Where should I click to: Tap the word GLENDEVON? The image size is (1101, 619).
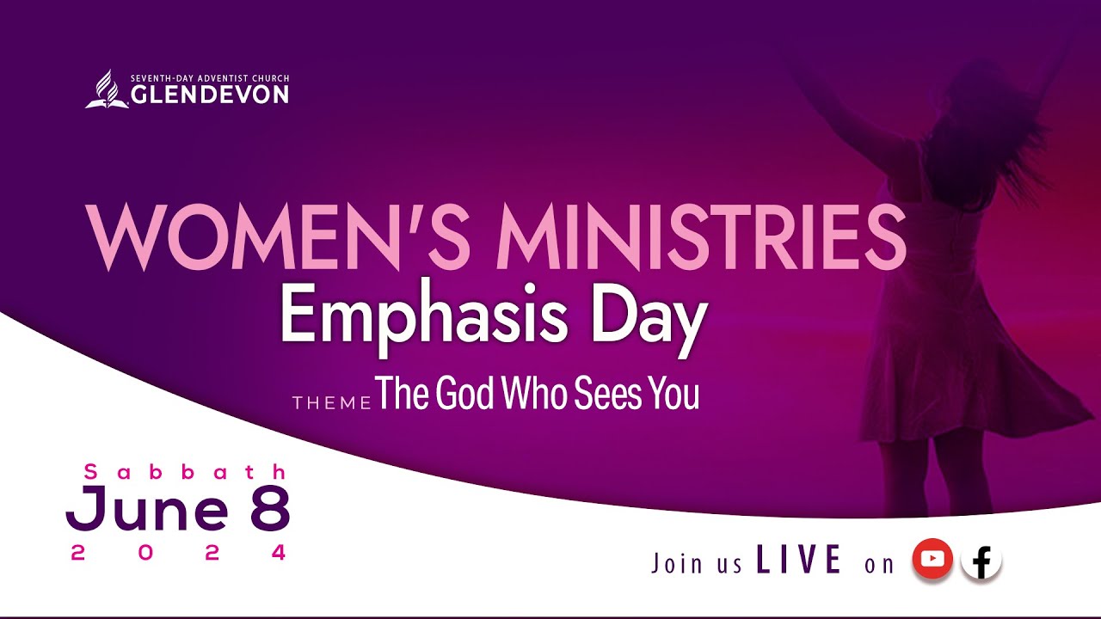[210, 95]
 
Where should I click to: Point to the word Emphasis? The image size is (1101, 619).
[423, 317]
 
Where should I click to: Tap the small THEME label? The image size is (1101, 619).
[331, 402]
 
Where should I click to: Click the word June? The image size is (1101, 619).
[148, 511]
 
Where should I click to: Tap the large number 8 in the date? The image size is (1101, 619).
[269, 508]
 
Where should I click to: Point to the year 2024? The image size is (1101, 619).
[178, 554]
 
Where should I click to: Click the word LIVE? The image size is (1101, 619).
[799, 561]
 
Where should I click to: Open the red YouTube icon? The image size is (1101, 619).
[932, 559]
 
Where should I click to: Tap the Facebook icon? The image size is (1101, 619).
[981, 562]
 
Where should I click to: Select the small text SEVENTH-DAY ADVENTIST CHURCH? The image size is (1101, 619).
[210, 78]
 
